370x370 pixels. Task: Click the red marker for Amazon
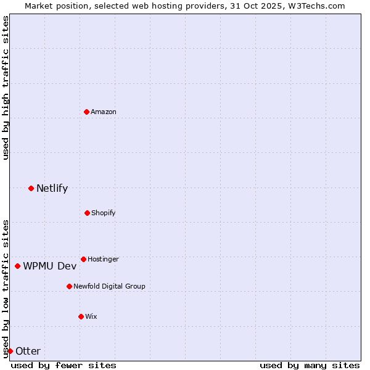(x=86, y=112)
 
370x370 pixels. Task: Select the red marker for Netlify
(x=31, y=188)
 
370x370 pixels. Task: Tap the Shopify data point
(x=87, y=213)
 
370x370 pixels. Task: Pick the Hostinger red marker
(x=83, y=259)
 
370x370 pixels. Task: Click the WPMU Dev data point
(x=17, y=266)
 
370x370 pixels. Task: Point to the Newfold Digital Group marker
(x=69, y=286)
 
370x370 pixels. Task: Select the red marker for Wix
(x=81, y=316)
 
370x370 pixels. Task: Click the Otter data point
(x=10, y=351)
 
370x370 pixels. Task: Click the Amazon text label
(x=104, y=112)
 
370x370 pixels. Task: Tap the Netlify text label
(x=52, y=189)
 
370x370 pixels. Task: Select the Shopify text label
(x=104, y=213)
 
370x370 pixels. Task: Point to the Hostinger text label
(x=103, y=260)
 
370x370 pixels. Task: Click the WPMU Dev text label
(x=50, y=266)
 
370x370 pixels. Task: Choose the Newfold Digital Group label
(x=109, y=287)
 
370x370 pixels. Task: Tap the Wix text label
(x=91, y=317)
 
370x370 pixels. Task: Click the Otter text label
(x=28, y=351)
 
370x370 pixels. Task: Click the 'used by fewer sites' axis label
(x=64, y=365)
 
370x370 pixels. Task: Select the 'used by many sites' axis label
(x=310, y=365)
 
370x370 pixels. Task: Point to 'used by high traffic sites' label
(x=6, y=88)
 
